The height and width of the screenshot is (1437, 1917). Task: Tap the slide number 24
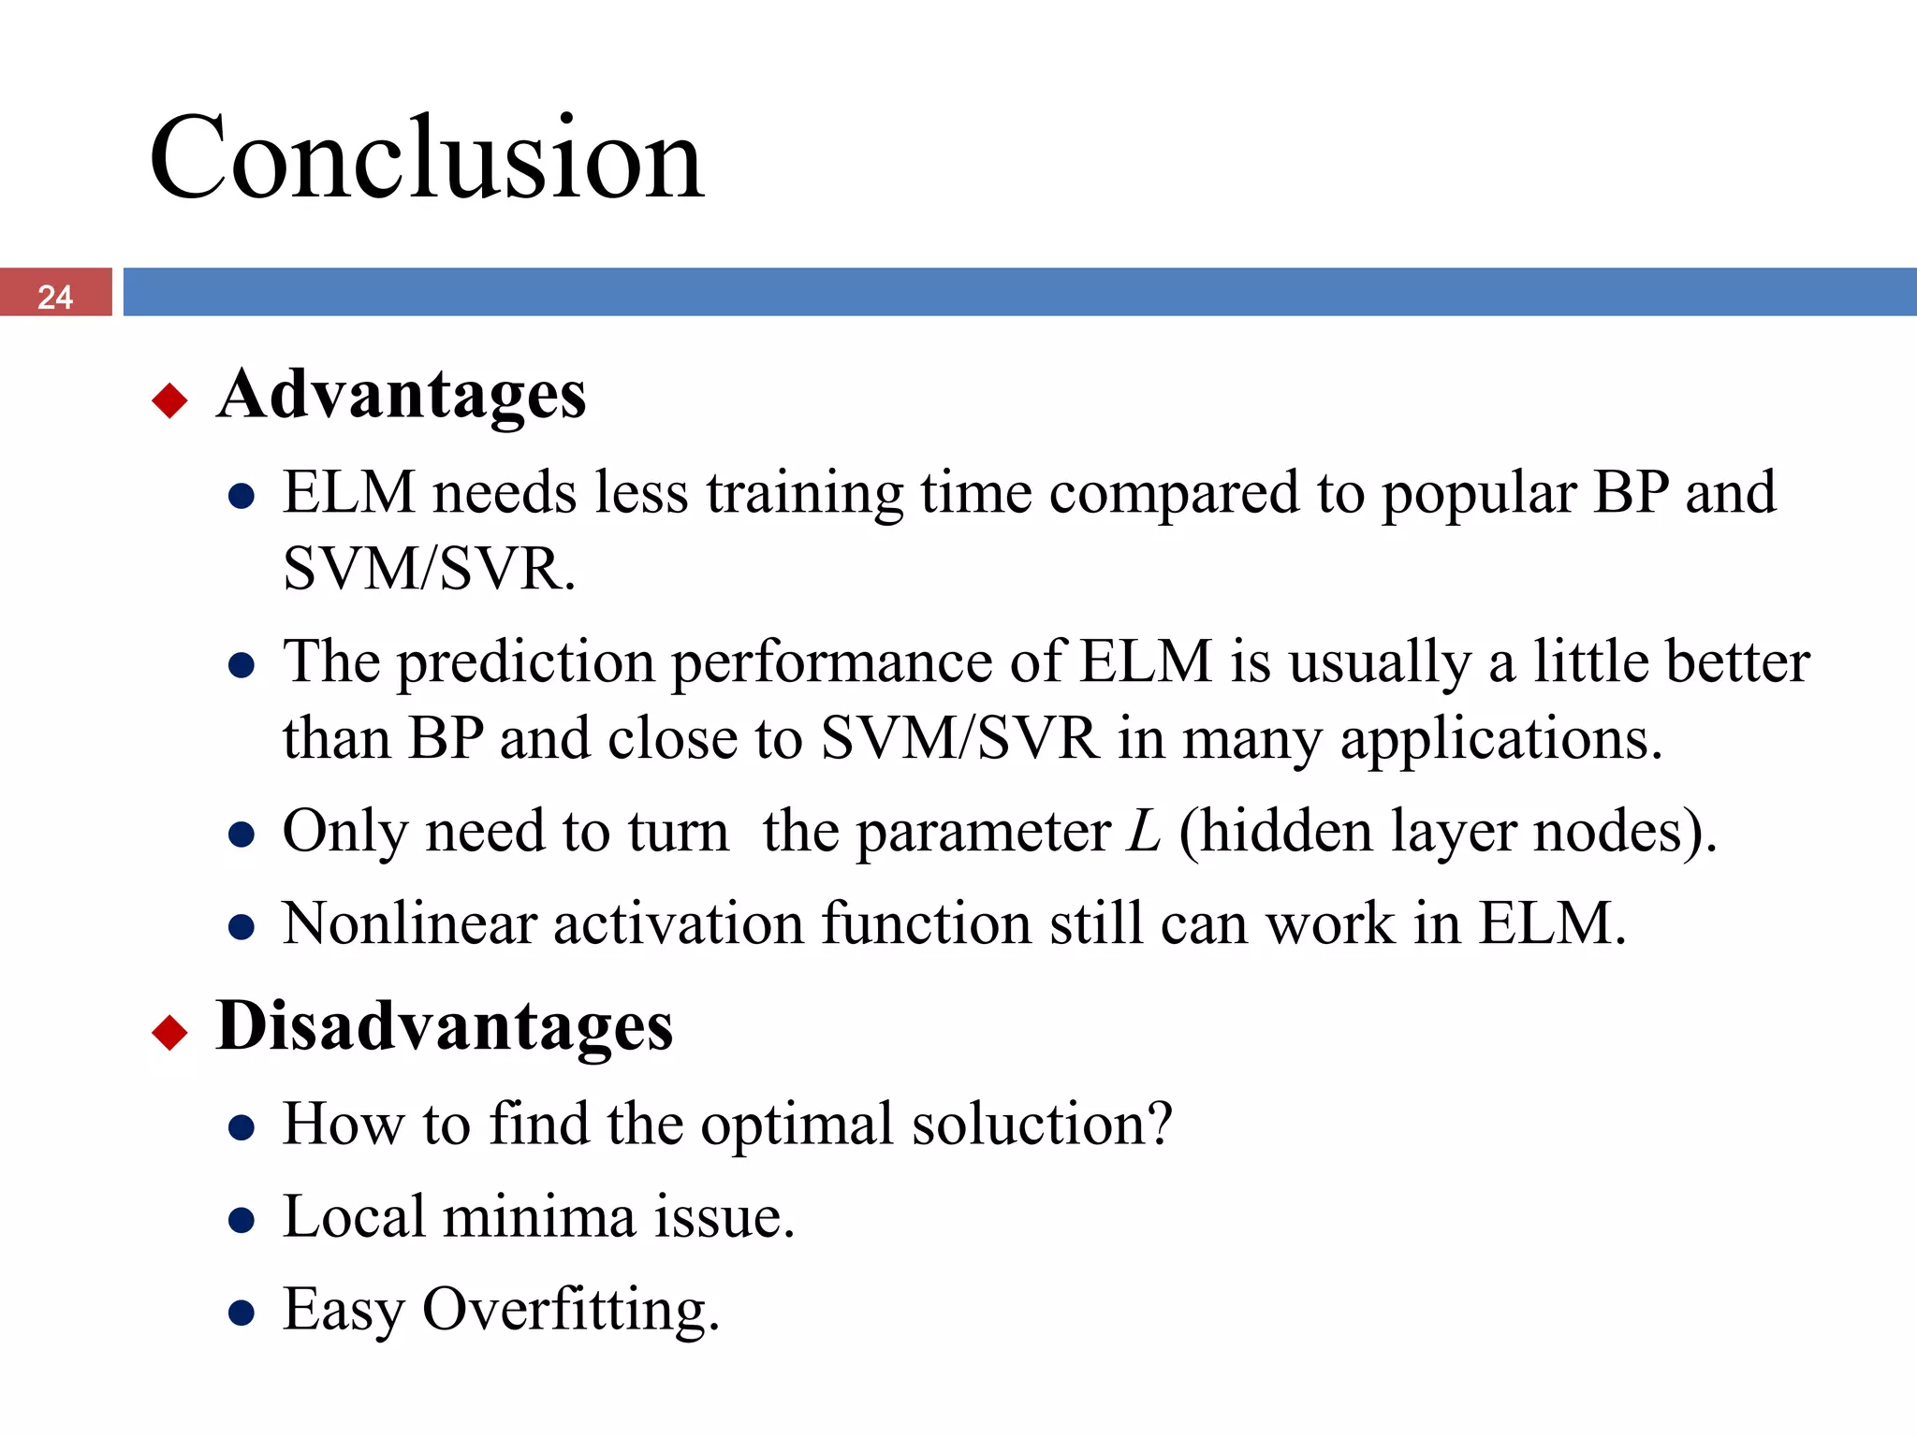point(55,296)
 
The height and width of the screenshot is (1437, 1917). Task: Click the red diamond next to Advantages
point(169,400)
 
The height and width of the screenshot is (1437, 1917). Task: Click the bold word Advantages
point(402,395)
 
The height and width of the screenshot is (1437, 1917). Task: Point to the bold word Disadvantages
point(444,1026)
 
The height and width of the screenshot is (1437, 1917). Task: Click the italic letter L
point(1143,831)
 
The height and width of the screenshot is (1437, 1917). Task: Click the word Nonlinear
point(410,924)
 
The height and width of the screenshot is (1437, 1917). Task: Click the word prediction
point(526,662)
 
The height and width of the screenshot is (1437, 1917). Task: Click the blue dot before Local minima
point(241,1220)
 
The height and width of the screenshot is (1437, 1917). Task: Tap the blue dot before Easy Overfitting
point(241,1313)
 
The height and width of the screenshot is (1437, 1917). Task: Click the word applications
point(1500,739)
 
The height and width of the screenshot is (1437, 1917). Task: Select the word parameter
point(983,831)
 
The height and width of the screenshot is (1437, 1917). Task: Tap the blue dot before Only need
point(241,835)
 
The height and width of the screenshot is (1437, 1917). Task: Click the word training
point(805,494)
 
